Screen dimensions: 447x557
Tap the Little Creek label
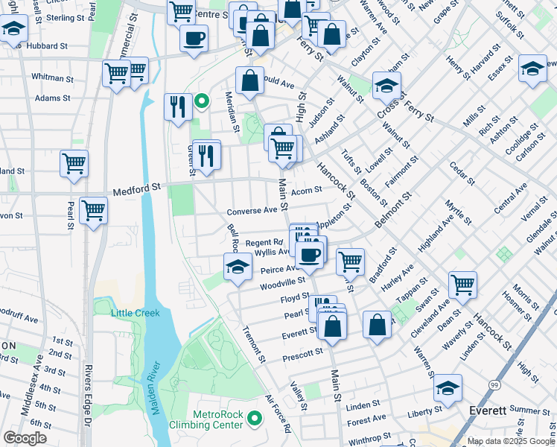(136, 313)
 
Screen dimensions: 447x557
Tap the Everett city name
(488, 410)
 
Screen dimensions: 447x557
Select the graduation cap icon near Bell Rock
(238, 267)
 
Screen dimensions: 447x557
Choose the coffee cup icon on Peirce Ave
(310, 255)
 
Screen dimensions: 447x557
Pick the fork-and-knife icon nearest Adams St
(177, 107)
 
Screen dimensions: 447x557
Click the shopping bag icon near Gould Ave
(251, 80)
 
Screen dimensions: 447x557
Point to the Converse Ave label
(252, 211)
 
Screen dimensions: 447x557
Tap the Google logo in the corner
(25, 438)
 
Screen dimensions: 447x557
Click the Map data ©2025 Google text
(510, 440)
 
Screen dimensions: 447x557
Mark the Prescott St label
(303, 354)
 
